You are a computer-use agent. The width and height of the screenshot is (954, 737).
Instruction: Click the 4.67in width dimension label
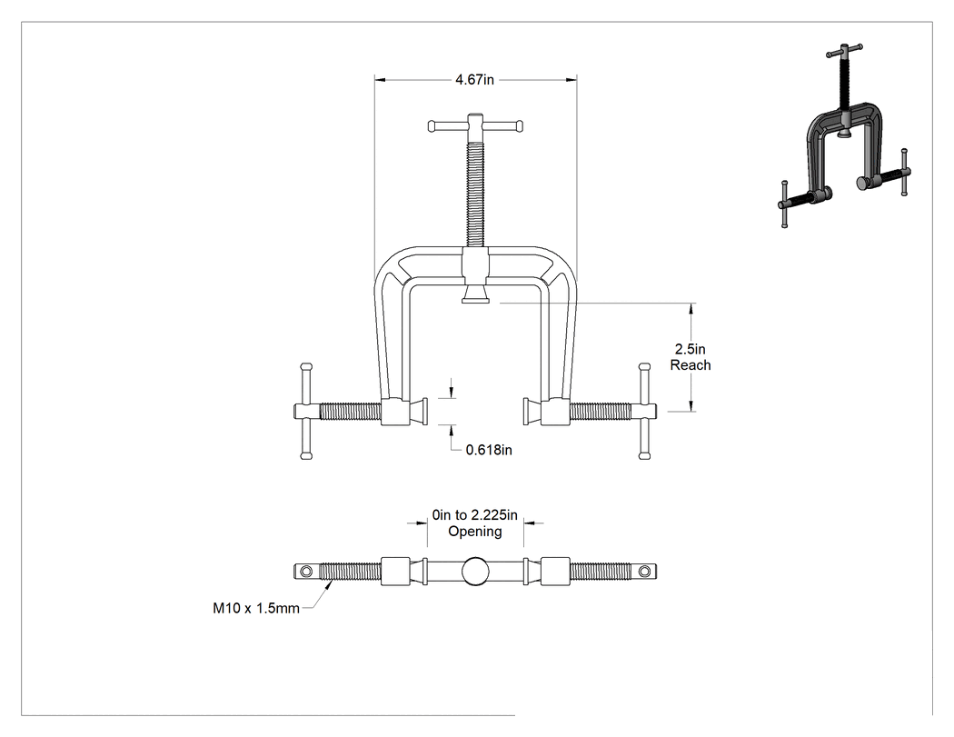click(x=474, y=80)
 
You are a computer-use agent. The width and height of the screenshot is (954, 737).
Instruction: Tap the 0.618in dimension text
click(x=489, y=450)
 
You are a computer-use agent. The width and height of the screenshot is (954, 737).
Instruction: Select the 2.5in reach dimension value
click(x=690, y=349)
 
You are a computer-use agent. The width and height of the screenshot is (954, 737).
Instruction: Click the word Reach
click(x=691, y=365)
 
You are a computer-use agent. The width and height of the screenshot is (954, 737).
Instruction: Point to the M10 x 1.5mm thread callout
click(x=256, y=608)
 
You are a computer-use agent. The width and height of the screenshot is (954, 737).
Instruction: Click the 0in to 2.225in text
click(x=474, y=515)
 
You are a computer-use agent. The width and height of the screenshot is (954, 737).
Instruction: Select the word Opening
click(x=475, y=532)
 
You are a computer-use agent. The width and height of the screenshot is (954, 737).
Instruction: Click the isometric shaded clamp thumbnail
click(x=844, y=135)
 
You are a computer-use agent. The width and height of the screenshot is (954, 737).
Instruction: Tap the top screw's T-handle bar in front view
click(x=475, y=126)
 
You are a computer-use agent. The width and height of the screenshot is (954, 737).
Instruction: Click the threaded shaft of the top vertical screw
click(x=475, y=194)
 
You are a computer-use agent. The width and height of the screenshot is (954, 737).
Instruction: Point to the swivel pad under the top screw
click(x=475, y=295)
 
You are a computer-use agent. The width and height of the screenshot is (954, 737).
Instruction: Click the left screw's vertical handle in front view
click(x=306, y=412)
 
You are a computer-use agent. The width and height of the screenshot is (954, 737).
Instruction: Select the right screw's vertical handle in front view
click(x=643, y=412)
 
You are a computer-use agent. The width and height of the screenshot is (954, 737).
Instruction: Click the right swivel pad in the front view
click(x=532, y=412)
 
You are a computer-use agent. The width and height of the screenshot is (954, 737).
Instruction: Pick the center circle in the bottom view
click(x=475, y=572)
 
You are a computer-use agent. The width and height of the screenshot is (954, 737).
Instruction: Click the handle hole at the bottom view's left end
click(x=306, y=572)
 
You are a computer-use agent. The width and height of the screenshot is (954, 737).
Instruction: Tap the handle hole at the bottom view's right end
click(x=644, y=572)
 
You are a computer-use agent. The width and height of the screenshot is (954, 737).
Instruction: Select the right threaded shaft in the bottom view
click(x=601, y=572)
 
